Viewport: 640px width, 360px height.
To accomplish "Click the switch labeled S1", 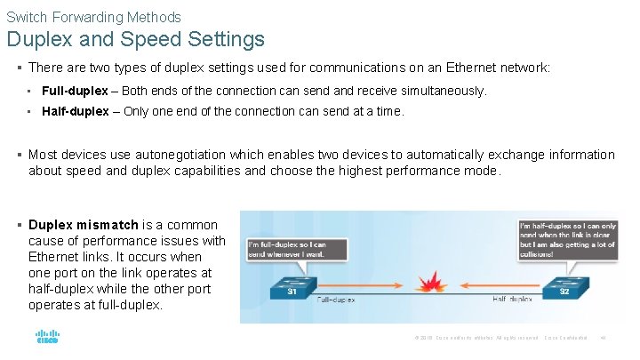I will tap(291, 287).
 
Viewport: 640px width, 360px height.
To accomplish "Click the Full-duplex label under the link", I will tap(336, 300).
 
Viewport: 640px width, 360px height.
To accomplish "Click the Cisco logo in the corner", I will tap(46, 338).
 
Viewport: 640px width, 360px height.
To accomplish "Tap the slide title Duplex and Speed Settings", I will tap(136, 40).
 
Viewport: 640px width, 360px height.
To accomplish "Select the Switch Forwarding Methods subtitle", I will tap(93, 17).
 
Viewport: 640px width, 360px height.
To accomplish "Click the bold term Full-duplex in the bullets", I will tap(76, 91).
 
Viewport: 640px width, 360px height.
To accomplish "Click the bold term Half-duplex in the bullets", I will tap(76, 111).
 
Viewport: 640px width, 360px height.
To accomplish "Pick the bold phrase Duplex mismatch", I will tap(84, 225).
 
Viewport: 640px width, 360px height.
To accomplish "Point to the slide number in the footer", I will tap(603, 338).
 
